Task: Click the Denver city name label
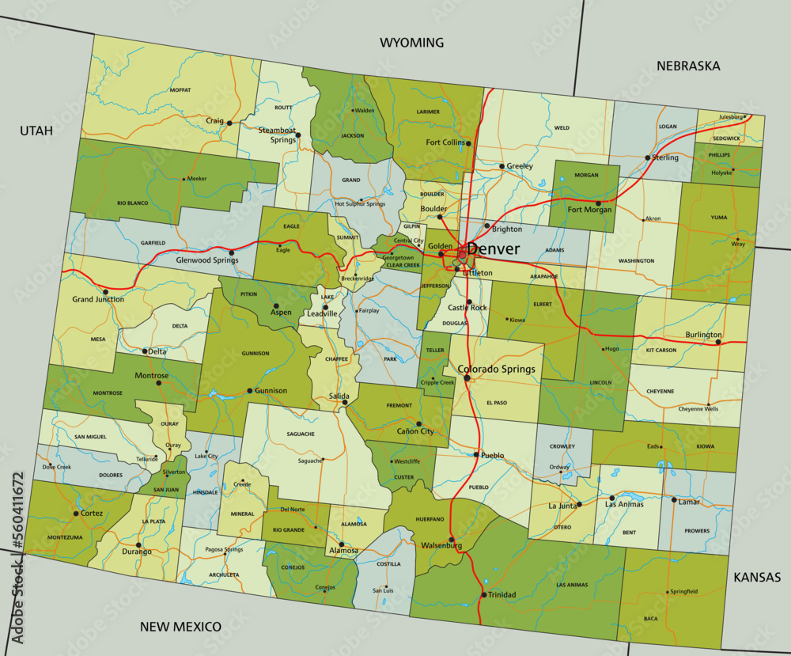pyautogui.click(x=494, y=249)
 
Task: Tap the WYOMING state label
pyautogui.click(x=411, y=43)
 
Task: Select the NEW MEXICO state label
pyautogui.click(x=180, y=627)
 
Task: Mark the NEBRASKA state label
pyautogui.click(x=688, y=66)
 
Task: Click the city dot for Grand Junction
pyautogui.click(x=105, y=291)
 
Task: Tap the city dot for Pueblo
pyautogui.click(x=476, y=455)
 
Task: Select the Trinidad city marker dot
pyautogui.click(x=483, y=594)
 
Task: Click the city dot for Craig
pyautogui.click(x=229, y=123)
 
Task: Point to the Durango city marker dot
pyautogui.click(x=139, y=544)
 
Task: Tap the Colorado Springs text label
pyautogui.click(x=497, y=369)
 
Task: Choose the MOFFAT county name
pyautogui.click(x=180, y=90)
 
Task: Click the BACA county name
pyautogui.click(x=651, y=618)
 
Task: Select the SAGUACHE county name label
pyautogui.click(x=301, y=434)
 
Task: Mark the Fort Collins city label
pyautogui.click(x=445, y=142)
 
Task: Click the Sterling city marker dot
pyautogui.click(x=648, y=157)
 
